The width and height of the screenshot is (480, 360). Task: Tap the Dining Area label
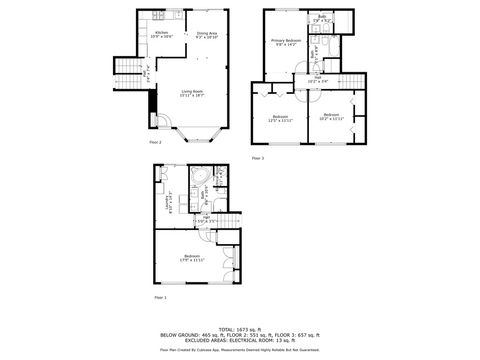(208, 34)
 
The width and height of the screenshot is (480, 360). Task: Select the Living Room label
(192, 94)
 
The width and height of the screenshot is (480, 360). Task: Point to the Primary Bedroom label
(287, 43)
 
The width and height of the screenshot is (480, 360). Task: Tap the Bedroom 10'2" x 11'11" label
(333, 118)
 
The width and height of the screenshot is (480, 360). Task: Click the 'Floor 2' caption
(155, 142)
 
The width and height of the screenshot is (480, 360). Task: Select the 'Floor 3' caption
(257, 158)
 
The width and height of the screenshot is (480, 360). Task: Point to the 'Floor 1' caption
(160, 298)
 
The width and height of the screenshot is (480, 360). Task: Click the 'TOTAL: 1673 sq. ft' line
(239, 328)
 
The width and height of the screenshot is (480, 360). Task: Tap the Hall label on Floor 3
(316, 79)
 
